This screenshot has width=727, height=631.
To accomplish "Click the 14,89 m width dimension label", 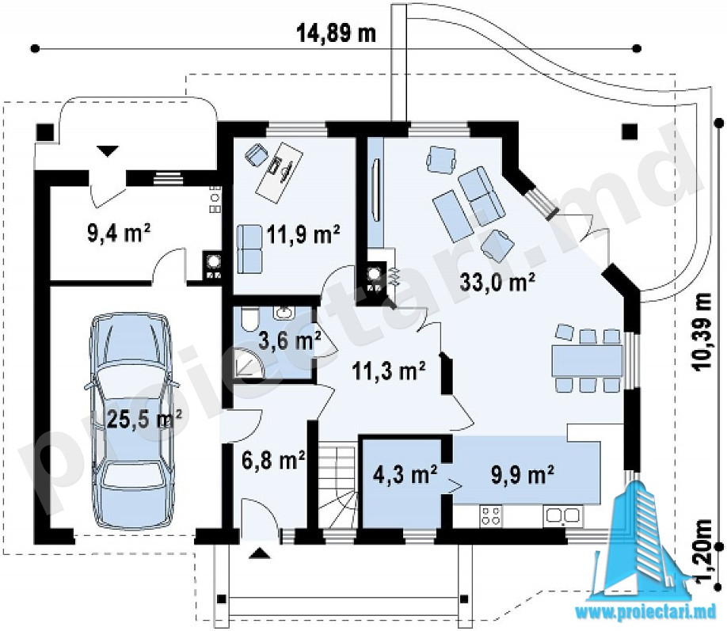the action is point(336,33).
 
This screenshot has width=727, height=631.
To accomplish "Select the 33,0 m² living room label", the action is point(497,281).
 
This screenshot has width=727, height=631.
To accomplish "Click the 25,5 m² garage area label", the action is point(145,420).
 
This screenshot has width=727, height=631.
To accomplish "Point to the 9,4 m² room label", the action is point(119,233).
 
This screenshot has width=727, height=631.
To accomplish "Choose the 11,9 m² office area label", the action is point(303,234).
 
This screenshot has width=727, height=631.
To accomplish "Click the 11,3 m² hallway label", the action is point(389,371).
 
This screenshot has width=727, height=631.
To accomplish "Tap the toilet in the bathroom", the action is point(249,319).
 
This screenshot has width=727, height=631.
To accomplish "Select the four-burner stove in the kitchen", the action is point(492,516).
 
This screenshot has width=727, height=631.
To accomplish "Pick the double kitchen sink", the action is point(562,515).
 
